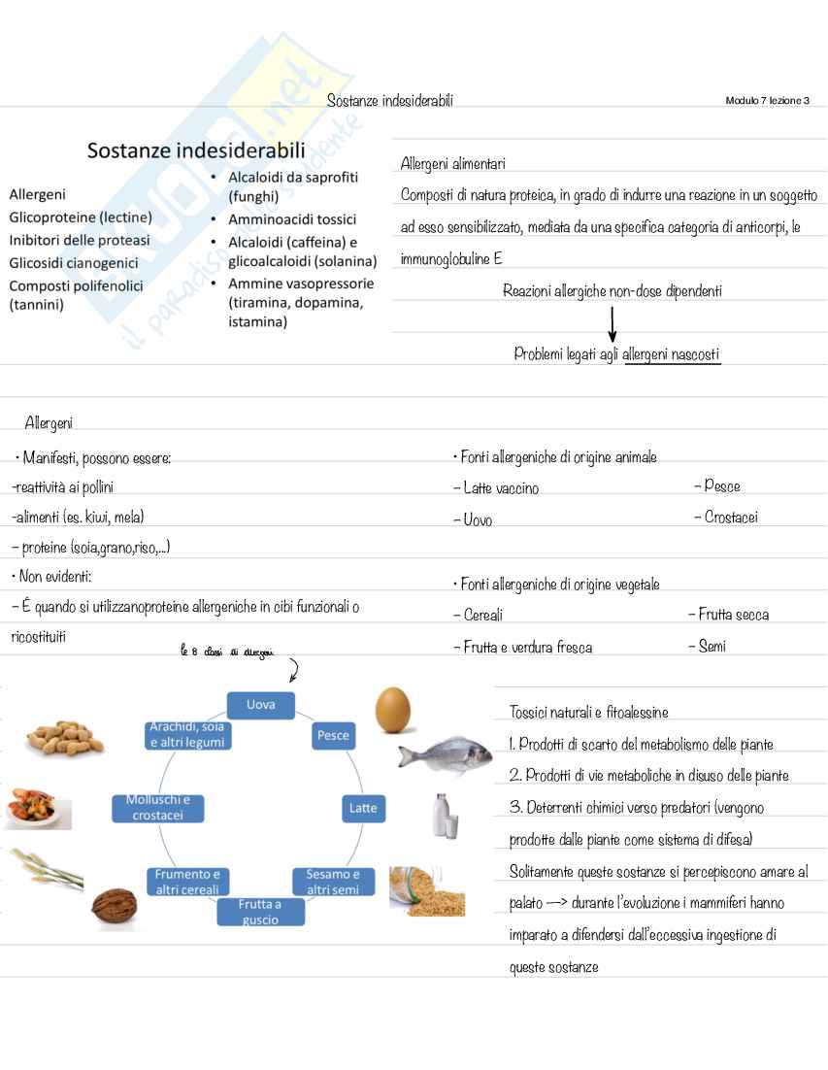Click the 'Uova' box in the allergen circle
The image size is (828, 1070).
[260, 705]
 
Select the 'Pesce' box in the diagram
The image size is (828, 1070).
[333, 736]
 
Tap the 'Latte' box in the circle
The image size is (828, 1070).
[363, 808]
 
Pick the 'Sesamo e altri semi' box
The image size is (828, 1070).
[333, 882]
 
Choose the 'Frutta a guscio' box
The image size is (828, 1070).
[260, 912]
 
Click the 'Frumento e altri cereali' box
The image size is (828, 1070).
[187, 882]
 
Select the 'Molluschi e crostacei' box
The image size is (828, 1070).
[158, 808]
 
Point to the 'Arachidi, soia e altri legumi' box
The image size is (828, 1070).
[187, 735]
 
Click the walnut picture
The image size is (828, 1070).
[115, 909]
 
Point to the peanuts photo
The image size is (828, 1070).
[63, 738]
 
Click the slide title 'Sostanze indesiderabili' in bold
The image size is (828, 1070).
[196, 150]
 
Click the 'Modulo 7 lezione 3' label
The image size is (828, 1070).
[767, 101]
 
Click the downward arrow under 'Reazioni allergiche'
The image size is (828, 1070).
[612, 323]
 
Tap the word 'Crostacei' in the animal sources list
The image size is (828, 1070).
[725, 518]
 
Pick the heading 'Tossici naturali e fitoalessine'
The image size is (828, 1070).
[588, 713]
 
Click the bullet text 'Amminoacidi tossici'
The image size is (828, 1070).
[291, 219]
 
